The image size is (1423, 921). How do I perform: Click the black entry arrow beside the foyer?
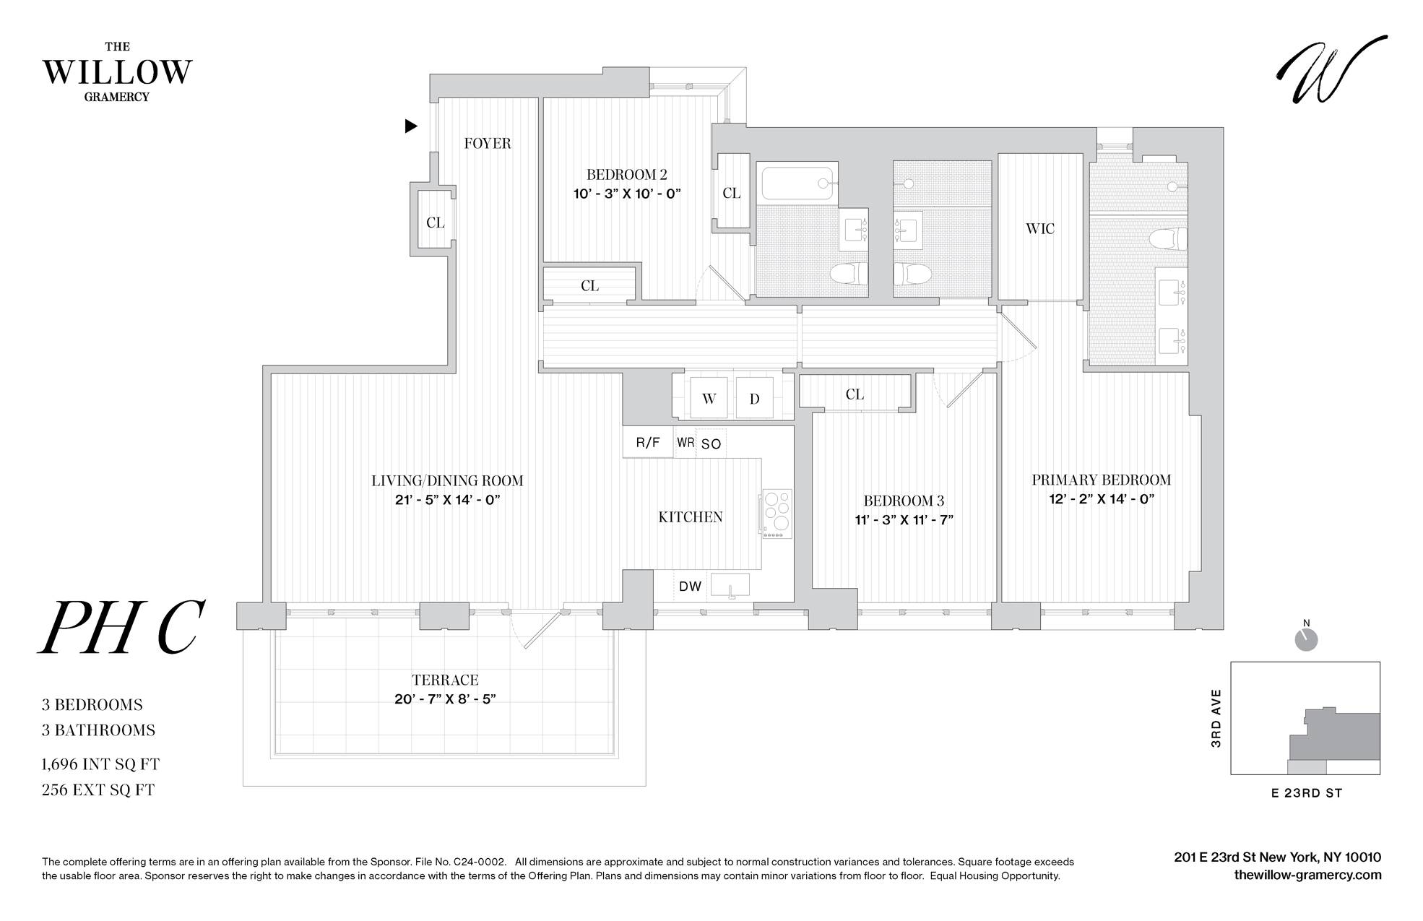tap(410, 126)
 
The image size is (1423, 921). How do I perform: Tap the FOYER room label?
tap(487, 144)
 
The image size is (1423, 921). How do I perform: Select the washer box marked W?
tap(709, 399)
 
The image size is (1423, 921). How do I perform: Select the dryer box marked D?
tap(754, 399)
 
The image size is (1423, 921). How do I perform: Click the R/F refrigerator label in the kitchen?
tap(648, 443)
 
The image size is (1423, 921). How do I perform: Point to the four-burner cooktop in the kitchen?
tap(777, 513)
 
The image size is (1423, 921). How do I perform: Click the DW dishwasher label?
tap(690, 587)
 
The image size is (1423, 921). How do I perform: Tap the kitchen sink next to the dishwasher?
tap(730, 584)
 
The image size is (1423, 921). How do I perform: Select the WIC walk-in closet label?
tap(1039, 229)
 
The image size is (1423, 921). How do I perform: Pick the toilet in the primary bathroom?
tap(1169, 238)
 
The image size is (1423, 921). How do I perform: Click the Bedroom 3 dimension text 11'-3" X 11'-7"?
tap(904, 520)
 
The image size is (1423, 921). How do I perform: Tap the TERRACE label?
tap(445, 680)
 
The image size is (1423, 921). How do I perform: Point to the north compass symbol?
tap(1307, 639)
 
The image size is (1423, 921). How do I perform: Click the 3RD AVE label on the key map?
tap(1216, 718)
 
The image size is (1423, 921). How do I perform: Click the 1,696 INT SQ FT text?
tap(100, 764)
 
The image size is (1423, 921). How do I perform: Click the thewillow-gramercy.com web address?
tap(1307, 875)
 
